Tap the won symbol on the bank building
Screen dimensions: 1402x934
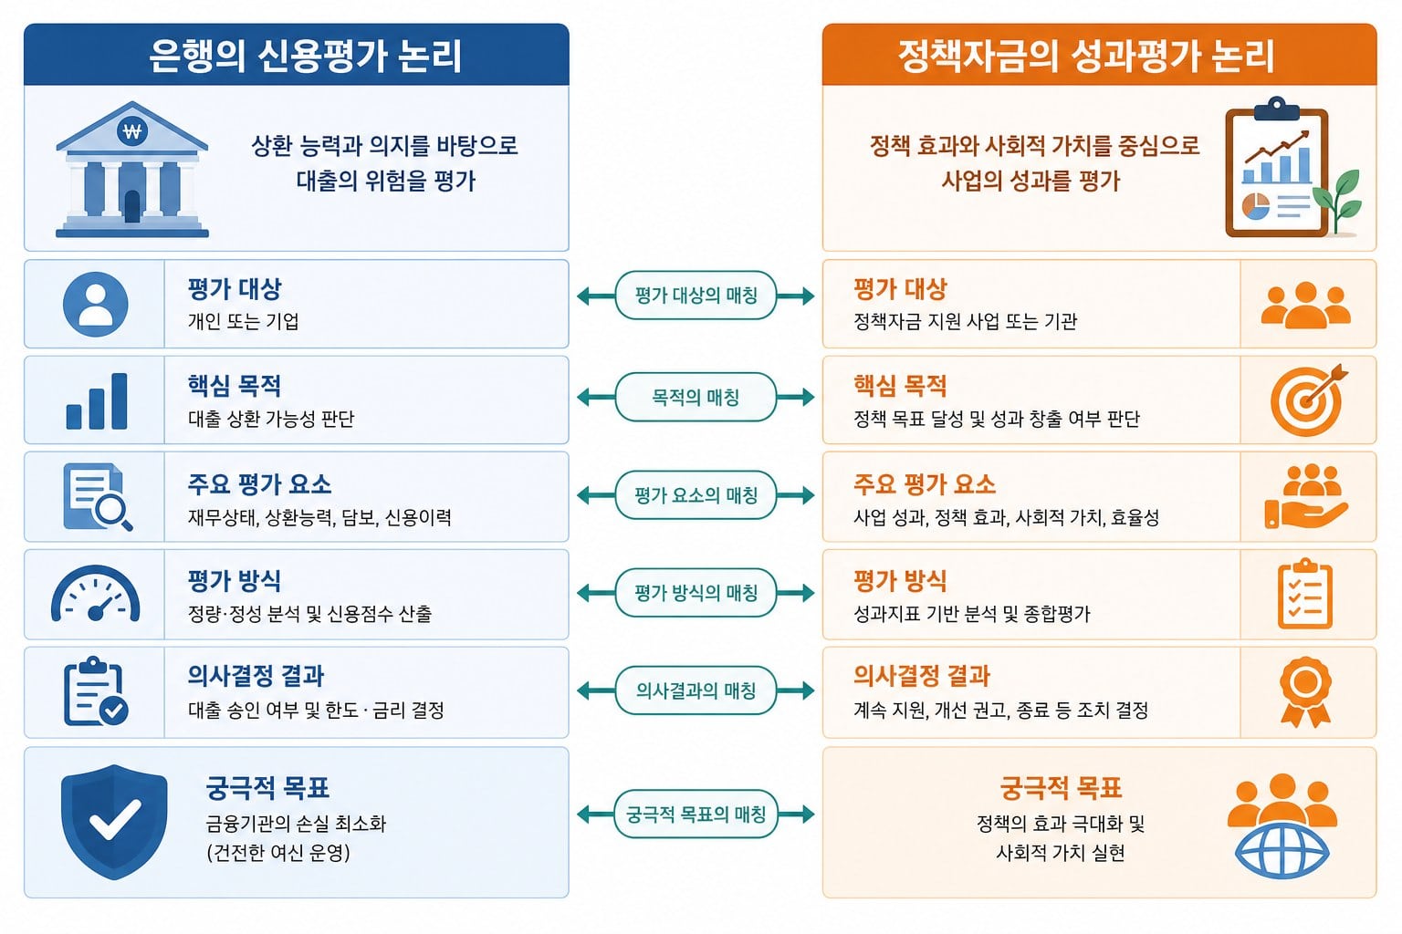click(132, 131)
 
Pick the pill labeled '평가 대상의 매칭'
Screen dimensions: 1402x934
click(696, 296)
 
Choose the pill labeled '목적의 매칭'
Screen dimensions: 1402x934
click(696, 397)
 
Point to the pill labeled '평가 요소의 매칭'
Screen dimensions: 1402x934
click(696, 495)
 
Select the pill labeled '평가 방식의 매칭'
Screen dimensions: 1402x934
click(696, 593)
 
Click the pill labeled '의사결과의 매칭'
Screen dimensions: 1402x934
click(696, 690)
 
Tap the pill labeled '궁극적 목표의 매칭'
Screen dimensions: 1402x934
click(696, 814)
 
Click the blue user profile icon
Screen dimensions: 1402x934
click(96, 304)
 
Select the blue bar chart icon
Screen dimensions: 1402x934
click(97, 401)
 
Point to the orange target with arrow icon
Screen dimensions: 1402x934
click(1308, 400)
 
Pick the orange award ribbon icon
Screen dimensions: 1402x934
click(1305, 692)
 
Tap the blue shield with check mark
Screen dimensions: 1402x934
click(114, 822)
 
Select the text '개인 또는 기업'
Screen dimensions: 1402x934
click(244, 321)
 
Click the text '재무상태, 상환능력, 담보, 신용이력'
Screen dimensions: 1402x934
click(319, 517)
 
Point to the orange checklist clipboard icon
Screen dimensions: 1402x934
click(1305, 593)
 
